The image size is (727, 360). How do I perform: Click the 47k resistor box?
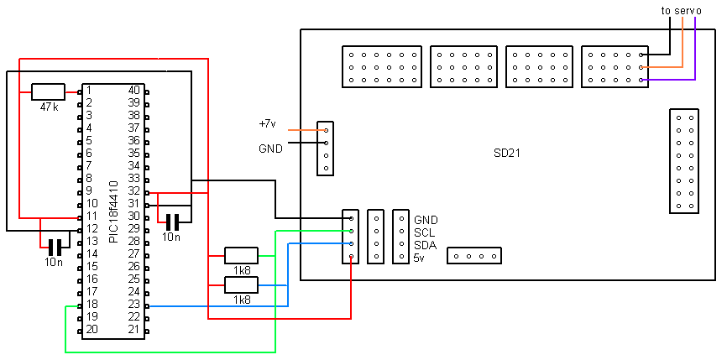coord(48,91)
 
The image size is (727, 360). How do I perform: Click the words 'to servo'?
coord(681,10)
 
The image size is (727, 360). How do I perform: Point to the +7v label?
coord(267,124)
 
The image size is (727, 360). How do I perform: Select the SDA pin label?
coord(426,245)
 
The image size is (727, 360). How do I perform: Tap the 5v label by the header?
coord(420,258)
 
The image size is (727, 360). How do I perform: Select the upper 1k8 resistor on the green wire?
coord(242,254)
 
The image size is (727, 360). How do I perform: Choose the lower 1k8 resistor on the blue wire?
coord(242,284)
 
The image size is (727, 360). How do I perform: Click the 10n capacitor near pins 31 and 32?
coord(173,222)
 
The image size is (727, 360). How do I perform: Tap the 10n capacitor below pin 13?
coord(55,248)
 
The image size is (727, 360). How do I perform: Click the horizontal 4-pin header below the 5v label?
coord(474,255)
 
